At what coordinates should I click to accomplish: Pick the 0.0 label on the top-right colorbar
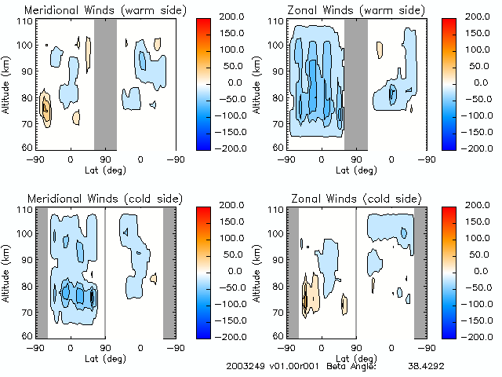coord(471,82)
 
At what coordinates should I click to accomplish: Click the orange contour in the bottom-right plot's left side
coord(311,292)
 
